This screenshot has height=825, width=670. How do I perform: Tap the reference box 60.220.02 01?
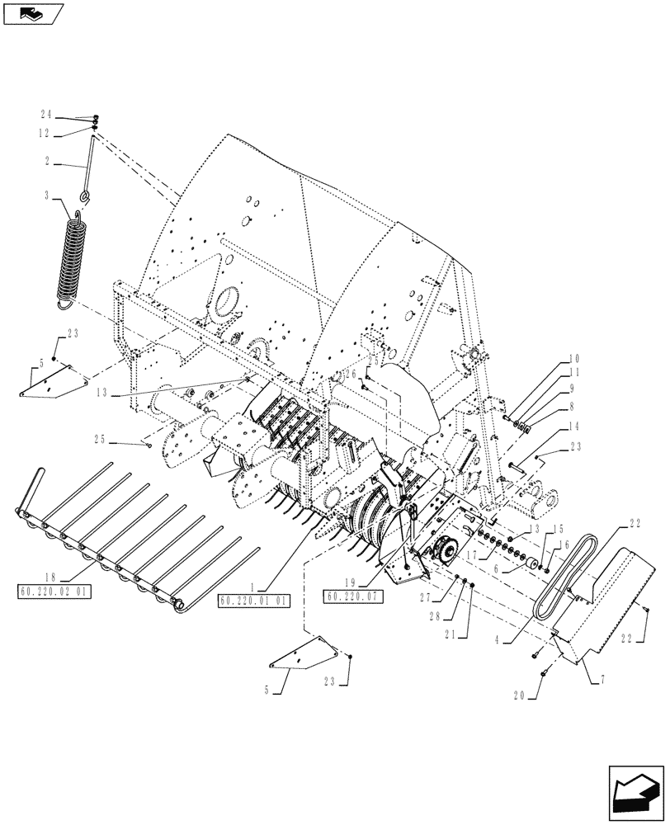[54, 591]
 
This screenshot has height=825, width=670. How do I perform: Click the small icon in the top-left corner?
[31, 12]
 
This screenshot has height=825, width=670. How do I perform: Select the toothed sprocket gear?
[446, 549]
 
